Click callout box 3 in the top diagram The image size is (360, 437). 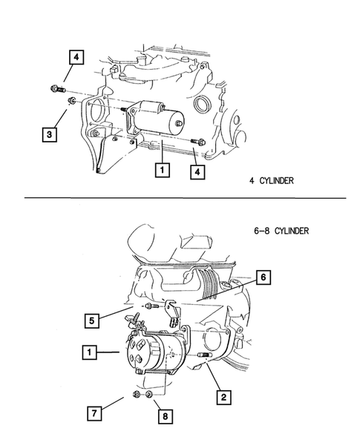coord(48,134)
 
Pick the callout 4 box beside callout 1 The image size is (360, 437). coord(196,172)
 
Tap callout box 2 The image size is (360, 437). coord(221,397)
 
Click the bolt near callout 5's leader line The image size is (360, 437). coord(151,306)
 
